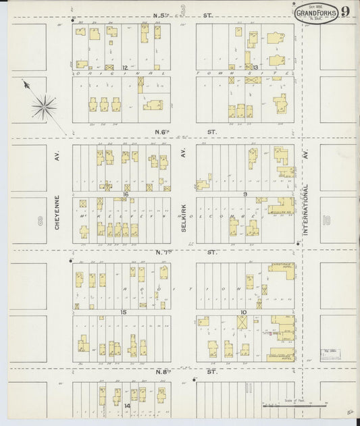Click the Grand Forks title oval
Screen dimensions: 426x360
(x=317, y=12)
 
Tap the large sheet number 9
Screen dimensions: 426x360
(x=345, y=11)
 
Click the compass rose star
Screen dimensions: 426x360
(x=44, y=105)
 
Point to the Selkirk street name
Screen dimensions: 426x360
(x=183, y=219)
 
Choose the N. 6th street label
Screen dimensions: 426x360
(x=184, y=132)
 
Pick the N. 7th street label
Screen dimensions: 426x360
(x=184, y=252)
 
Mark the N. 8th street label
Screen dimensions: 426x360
(x=184, y=372)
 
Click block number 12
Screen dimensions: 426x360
(x=125, y=68)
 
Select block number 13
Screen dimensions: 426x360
(x=255, y=68)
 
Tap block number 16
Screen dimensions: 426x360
(x=125, y=193)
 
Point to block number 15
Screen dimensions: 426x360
(x=123, y=312)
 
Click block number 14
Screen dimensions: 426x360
(x=127, y=406)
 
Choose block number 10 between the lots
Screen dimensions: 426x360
(x=242, y=312)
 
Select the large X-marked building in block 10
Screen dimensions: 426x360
(x=242, y=323)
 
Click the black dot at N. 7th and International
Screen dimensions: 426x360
(x=298, y=243)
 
